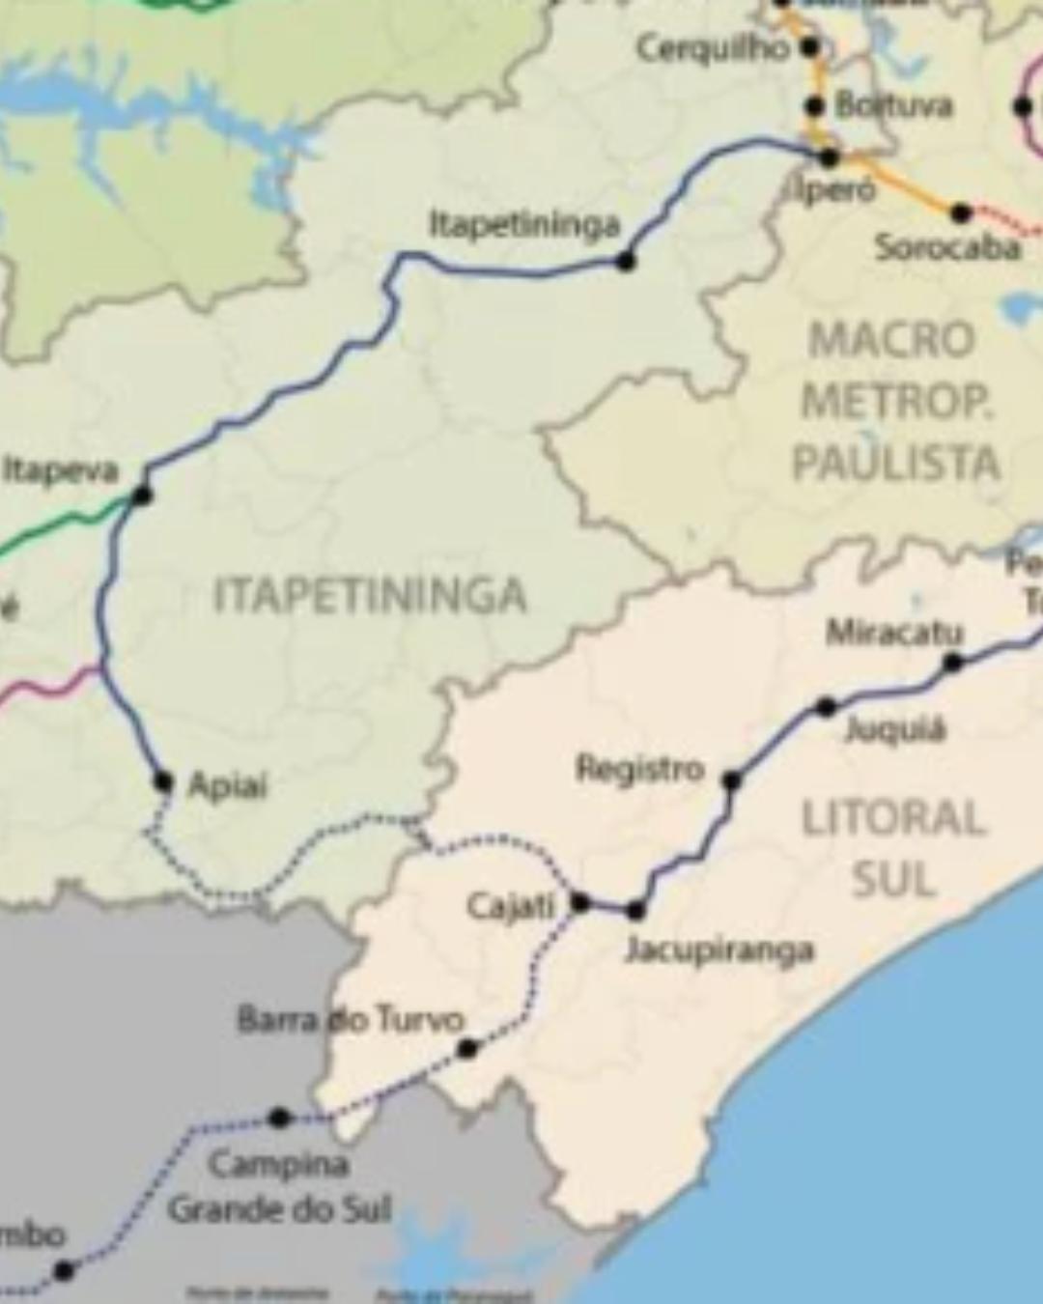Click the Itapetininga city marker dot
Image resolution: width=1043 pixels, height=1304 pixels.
pos(626,260)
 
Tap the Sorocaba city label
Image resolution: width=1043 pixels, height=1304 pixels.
pos(947,248)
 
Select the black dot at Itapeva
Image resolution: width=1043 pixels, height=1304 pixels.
pos(142,496)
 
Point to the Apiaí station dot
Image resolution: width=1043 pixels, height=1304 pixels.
pos(162,780)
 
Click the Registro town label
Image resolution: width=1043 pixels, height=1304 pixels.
pos(640,770)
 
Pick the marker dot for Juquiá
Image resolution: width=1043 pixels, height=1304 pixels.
pos(826,707)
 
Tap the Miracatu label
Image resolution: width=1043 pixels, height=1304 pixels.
pos(894,633)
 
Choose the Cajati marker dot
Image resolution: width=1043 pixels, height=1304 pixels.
pos(579,903)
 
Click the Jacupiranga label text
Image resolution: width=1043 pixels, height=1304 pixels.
pos(719,950)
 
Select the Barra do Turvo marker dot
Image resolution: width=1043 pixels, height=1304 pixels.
pos(467,1048)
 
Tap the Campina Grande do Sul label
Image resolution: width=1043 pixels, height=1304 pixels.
pos(280,1186)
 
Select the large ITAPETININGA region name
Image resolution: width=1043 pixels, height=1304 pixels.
pos(370,594)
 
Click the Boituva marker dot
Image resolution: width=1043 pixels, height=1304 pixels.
pos(815,106)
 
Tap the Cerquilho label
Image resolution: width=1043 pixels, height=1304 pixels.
pos(713,48)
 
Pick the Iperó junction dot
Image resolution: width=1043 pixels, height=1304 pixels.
pos(829,157)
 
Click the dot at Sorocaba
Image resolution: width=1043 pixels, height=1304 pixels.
pos(961,213)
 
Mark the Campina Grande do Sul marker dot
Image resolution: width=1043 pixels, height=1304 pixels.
pos(279,1118)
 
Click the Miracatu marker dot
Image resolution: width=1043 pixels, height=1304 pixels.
pos(953,662)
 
